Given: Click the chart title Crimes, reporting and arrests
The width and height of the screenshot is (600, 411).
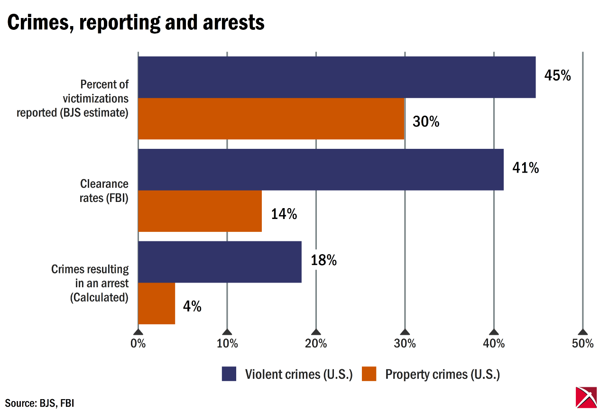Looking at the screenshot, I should point(136,22).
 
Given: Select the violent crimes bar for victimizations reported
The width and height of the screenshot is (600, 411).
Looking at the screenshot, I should point(337,77).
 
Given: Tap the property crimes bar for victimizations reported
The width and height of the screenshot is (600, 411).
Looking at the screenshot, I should point(271,119).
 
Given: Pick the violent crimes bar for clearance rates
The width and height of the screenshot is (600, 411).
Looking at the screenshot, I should point(321,170).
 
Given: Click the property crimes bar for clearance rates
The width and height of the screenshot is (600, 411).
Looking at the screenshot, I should point(200,211).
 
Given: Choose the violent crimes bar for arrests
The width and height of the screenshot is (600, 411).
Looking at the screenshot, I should point(220,262).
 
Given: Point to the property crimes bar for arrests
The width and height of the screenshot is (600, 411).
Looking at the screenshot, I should point(157,303).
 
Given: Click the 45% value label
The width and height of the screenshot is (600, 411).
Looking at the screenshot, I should point(557,76).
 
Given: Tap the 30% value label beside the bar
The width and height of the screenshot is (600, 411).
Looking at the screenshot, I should point(426,122).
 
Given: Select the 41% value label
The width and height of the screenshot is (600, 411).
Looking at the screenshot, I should point(526,168).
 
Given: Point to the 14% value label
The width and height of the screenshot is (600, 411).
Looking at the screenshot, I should point(284,214).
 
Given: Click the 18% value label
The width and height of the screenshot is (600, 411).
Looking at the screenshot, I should point(324,260).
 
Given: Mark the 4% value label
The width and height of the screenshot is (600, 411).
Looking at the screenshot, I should point(192,307).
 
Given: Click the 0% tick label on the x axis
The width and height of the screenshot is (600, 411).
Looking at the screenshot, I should point(138,344).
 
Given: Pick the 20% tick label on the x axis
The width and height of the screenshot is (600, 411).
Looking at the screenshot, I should point(316,344).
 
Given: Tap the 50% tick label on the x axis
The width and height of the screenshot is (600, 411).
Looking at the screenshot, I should point(582,344).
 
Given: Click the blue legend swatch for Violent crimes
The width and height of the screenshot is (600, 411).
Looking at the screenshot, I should point(229,374).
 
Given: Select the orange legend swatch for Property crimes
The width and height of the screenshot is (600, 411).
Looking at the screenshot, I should point(369,374).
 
